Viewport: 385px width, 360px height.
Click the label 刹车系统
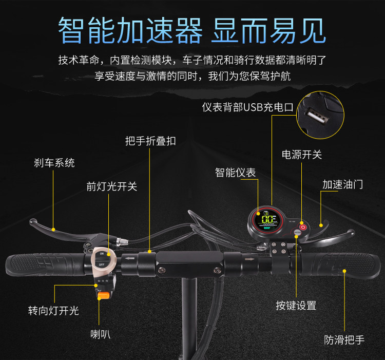pos(54,163)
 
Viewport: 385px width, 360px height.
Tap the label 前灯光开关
pos(111,186)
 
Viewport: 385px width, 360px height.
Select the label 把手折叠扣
pos(150,141)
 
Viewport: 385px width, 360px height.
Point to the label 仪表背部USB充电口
pos(247,107)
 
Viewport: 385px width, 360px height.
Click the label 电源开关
pos(302,155)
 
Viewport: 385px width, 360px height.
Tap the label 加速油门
pos(342,184)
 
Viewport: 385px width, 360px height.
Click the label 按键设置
pos(296,305)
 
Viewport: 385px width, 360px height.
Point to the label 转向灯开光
pos(53,310)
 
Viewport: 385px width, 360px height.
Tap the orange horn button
pos(103,295)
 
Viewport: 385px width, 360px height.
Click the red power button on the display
pos(303,227)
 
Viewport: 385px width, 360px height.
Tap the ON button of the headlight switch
pos(102,254)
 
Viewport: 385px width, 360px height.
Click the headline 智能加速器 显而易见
pos(192,30)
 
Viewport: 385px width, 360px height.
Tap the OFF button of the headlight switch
pos(102,264)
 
